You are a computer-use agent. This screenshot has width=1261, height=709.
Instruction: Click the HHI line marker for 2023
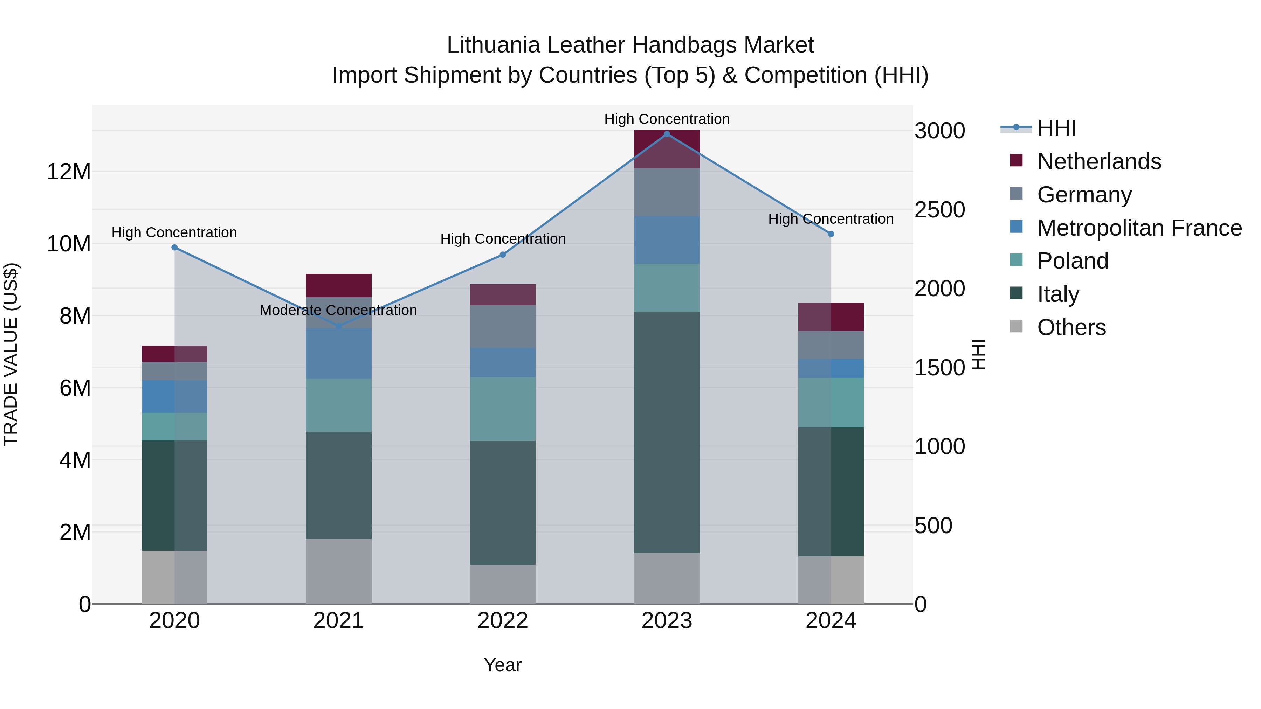tap(666, 134)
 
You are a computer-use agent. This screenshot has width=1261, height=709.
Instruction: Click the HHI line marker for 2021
tap(338, 326)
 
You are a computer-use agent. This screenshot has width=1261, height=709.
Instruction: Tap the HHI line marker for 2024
tap(831, 234)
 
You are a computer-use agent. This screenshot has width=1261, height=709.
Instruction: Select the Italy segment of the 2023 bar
tap(666, 432)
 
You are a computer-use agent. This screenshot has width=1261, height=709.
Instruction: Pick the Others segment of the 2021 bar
tap(338, 571)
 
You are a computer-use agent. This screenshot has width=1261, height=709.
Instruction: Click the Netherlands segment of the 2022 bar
tap(502, 294)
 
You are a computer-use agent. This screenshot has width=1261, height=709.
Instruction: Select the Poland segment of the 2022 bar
tap(502, 409)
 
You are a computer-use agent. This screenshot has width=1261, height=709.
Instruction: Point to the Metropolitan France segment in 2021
tap(338, 353)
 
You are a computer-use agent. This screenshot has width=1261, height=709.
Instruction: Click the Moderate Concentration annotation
tap(338, 310)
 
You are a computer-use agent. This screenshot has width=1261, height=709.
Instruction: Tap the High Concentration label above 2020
tap(174, 232)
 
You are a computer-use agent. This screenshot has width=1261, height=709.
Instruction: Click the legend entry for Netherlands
tap(1098, 161)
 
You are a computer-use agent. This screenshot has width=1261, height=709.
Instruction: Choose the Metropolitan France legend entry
tap(1139, 228)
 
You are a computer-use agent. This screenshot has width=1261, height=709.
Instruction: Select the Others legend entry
tap(1071, 327)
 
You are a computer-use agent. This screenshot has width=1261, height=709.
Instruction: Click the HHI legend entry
tap(1056, 128)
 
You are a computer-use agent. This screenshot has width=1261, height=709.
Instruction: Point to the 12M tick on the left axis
tap(69, 172)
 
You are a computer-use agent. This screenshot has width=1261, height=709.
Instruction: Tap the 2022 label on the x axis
tap(502, 621)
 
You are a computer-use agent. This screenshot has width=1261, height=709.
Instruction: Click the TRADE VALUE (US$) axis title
tap(11, 354)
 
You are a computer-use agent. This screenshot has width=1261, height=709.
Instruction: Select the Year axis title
tap(502, 665)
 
